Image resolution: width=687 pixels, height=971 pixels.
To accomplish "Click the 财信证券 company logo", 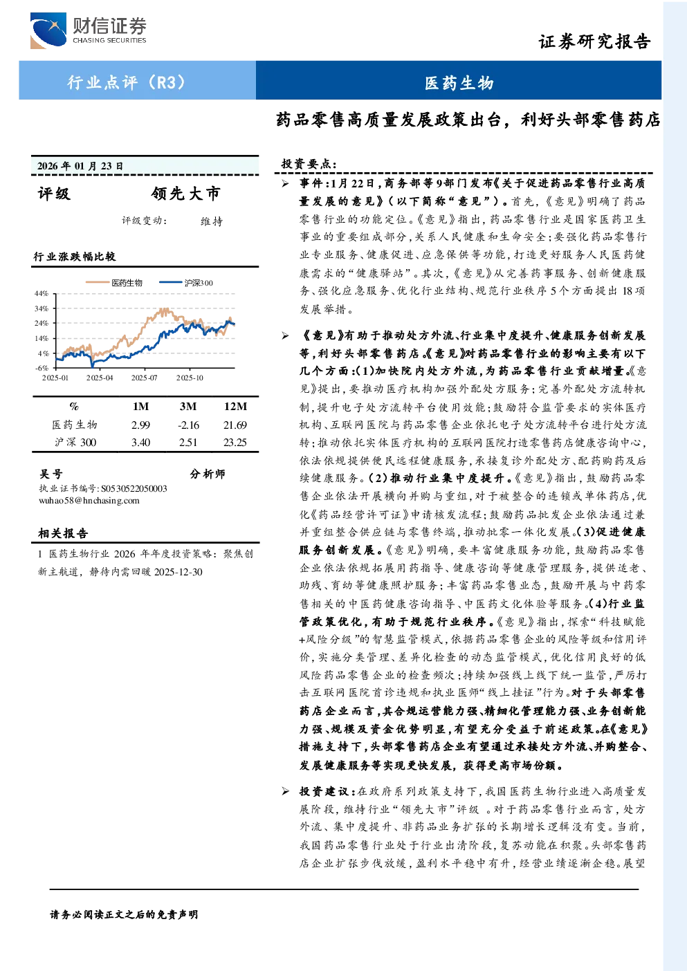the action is pyautogui.click(x=89, y=30).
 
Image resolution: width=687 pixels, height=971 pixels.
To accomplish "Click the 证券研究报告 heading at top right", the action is pyautogui.click(x=594, y=42).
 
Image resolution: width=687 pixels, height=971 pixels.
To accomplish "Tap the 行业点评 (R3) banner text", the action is pyautogui.click(x=126, y=82).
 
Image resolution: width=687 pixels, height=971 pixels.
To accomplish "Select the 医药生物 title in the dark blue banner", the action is pyautogui.click(x=459, y=83).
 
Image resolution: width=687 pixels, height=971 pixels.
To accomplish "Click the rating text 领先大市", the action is pyautogui.click(x=185, y=194).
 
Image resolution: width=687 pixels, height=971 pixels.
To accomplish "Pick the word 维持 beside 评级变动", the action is pyautogui.click(x=212, y=221).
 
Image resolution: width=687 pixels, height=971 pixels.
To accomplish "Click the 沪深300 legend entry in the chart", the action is pyautogui.click(x=186, y=283).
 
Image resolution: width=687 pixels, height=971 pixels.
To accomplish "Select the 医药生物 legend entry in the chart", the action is pyautogui.click(x=114, y=283).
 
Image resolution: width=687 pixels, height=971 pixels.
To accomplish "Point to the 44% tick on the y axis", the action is pyautogui.click(x=42, y=293).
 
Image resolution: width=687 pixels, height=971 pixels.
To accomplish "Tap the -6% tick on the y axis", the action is pyautogui.click(x=42, y=368).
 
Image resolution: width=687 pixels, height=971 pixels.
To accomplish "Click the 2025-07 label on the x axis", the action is pyautogui.click(x=145, y=378).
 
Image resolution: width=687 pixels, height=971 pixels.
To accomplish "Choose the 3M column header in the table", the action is pyautogui.click(x=188, y=407).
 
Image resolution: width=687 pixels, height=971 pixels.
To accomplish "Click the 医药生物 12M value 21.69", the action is pyautogui.click(x=235, y=425).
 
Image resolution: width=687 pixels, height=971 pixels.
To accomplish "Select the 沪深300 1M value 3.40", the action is pyautogui.click(x=140, y=443).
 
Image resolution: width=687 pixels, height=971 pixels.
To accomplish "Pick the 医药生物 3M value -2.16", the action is pyautogui.click(x=188, y=425).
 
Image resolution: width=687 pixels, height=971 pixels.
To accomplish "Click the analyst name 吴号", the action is pyautogui.click(x=51, y=474).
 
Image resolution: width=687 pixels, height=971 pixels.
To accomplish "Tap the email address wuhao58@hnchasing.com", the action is pyautogui.click(x=89, y=501).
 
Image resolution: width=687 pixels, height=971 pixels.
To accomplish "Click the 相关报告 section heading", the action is pyautogui.click(x=63, y=533).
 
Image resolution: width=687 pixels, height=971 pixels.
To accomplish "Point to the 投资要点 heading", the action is pyautogui.click(x=309, y=164).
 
